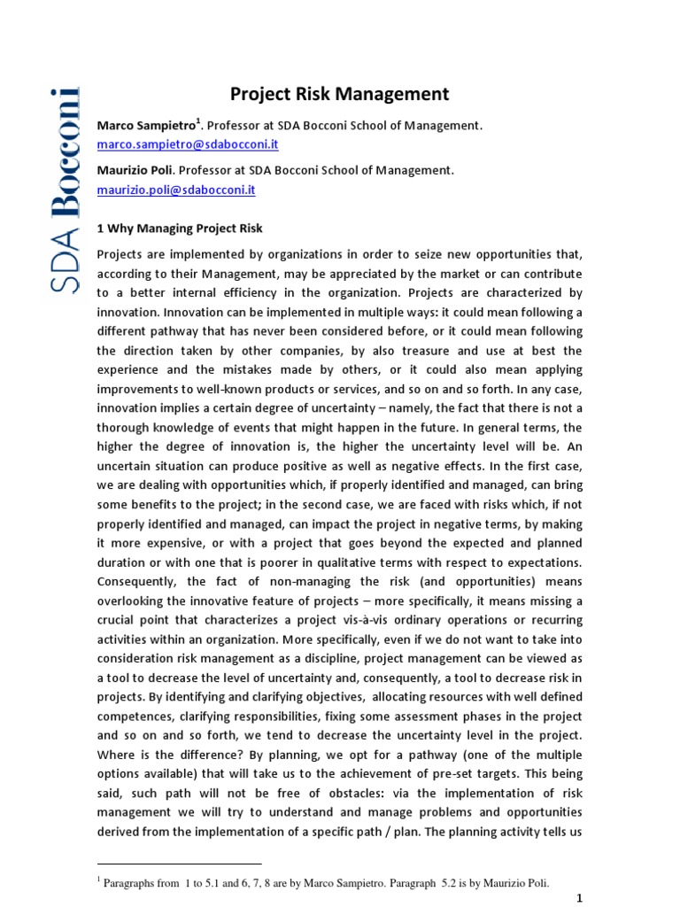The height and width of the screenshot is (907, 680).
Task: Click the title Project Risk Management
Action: point(340,94)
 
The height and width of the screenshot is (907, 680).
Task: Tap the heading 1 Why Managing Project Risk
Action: point(180,229)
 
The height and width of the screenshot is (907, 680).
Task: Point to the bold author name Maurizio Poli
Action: point(134,170)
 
